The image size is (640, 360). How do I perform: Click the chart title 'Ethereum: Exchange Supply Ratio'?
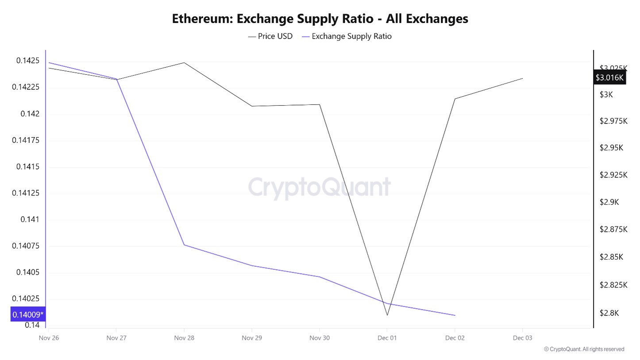pyautogui.click(x=320, y=19)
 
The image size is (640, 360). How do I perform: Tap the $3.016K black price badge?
pyautogui.click(x=609, y=78)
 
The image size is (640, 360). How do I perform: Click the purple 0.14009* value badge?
pyautogui.click(x=28, y=314)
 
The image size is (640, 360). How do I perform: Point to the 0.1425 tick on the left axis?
pyautogui.click(x=28, y=61)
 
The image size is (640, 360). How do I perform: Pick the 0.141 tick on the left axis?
pyautogui.click(x=30, y=219)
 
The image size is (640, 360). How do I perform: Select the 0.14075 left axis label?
pyautogui.click(x=26, y=246)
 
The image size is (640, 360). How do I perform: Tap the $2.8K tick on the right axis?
pyautogui.click(x=609, y=313)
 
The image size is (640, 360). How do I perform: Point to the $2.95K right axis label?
pyautogui.click(x=611, y=148)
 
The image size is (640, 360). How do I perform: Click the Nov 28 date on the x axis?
pyautogui.click(x=184, y=338)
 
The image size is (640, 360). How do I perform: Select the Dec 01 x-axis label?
pyautogui.click(x=387, y=338)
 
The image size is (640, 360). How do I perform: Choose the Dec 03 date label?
pyautogui.click(x=523, y=338)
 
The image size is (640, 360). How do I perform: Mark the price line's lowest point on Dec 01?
pyautogui.click(x=387, y=315)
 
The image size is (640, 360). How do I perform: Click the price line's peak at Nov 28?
pyautogui.click(x=184, y=62)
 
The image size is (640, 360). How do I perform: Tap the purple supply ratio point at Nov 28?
pyautogui.click(x=184, y=245)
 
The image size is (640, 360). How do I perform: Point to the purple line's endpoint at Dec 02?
pyautogui.click(x=455, y=315)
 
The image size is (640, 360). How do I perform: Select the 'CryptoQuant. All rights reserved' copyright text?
pyautogui.click(x=584, y=349)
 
